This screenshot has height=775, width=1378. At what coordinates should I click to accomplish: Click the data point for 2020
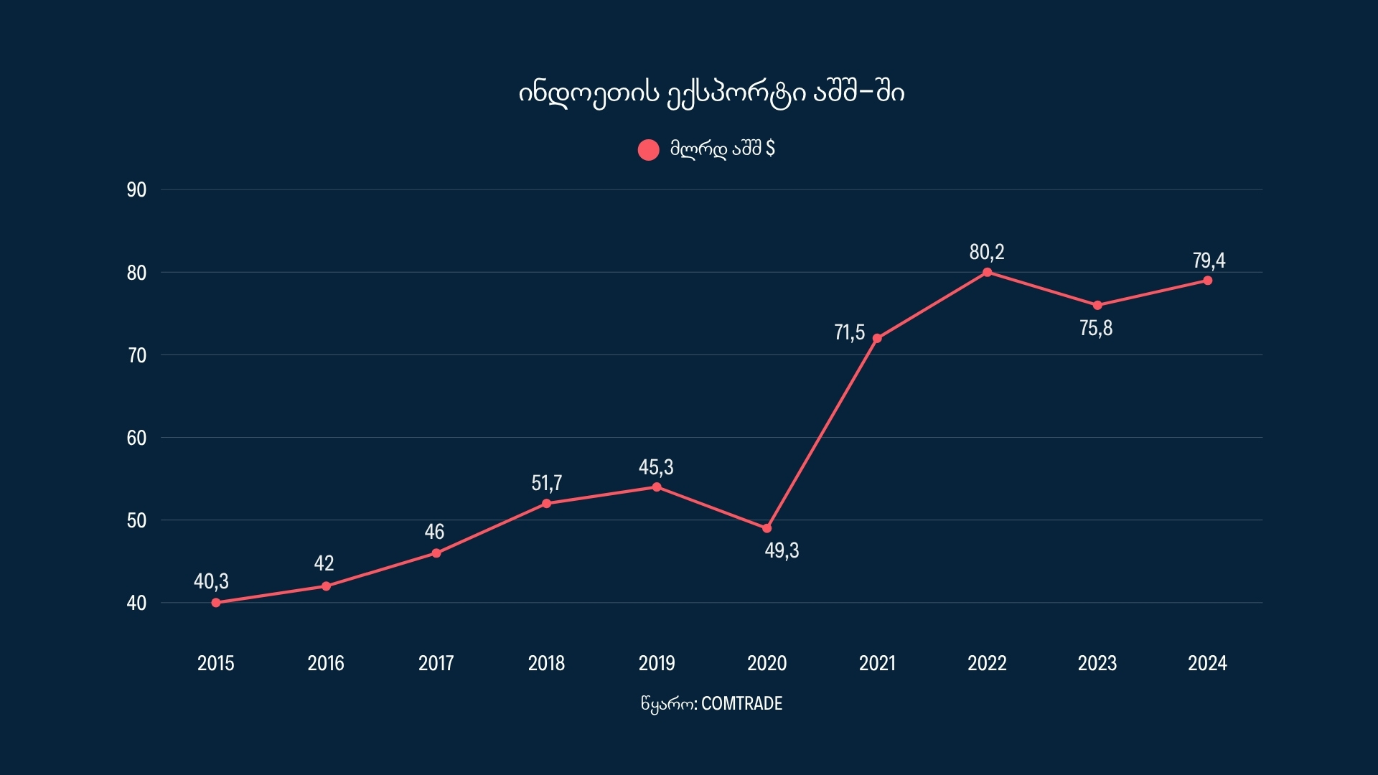click(x=767, y=528)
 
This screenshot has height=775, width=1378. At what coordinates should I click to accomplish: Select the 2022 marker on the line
click(x=988, y=273)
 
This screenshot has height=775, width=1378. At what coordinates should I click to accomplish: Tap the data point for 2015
click(x=216, y=603)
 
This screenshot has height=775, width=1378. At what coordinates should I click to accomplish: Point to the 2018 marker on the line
click(x=547, y=504)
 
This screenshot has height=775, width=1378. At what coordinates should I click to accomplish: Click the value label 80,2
click(x=987, y=253)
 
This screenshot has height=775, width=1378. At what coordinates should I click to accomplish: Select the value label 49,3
click(x=782, y=551)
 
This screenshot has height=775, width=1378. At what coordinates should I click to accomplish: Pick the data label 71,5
click(x=849, y=333)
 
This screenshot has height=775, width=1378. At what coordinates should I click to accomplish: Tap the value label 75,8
click(x=1096, y=329)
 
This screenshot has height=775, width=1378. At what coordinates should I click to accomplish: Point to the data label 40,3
click(x=211, y=581)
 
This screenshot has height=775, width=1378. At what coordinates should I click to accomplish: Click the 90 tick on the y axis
click(x=136, y=190)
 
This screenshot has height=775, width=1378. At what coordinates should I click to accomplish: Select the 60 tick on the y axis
click(x=136, y=438)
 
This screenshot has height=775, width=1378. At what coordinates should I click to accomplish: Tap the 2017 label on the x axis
click(x=436, y=663)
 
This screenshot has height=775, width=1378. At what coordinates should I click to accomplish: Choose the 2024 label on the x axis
click(x=1207, y=663)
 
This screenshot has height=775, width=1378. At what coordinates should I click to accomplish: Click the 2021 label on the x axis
click(x=877, y=663)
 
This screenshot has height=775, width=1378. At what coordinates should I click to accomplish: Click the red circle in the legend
click(x=649, y=150)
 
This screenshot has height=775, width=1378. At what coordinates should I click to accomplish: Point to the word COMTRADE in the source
click(x=741, y=704)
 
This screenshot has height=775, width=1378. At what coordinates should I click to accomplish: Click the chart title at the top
click(x=711, y=93)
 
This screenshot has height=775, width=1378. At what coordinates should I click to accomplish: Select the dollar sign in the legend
click(x=771, y=149)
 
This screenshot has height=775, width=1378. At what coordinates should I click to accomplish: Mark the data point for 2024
click(x=1208, y=281)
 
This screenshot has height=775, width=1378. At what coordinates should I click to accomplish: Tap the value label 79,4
click(x=1209, y=260)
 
